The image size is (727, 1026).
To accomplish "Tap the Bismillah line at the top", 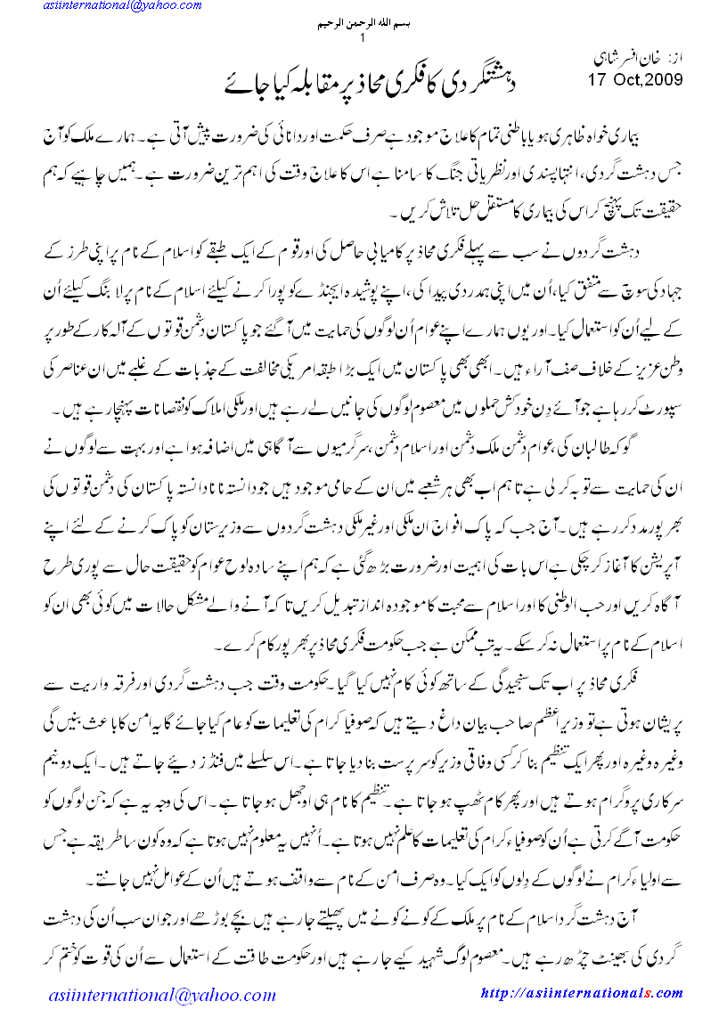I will click(363, 25).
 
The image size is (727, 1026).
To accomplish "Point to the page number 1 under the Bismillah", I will click(363, 39).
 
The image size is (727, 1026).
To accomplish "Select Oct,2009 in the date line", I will click(647, 81).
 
